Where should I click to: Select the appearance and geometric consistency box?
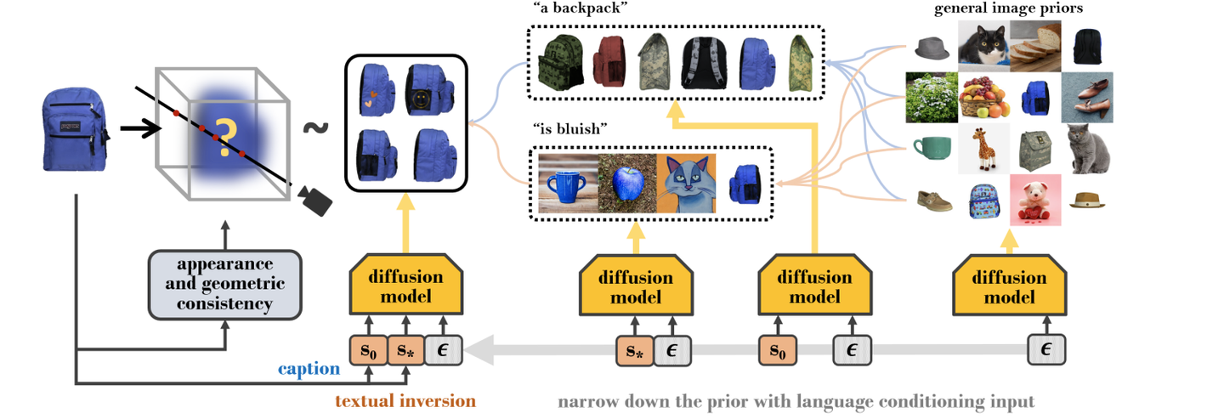[x=225, y=283]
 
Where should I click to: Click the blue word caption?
[x=309, y=370]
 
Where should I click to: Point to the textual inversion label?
[x=405, y=400]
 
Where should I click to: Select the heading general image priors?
[x=1006, y=8]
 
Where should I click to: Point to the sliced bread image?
[x=1036, y=44]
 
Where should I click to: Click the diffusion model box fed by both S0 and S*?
[x=405, y=287]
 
